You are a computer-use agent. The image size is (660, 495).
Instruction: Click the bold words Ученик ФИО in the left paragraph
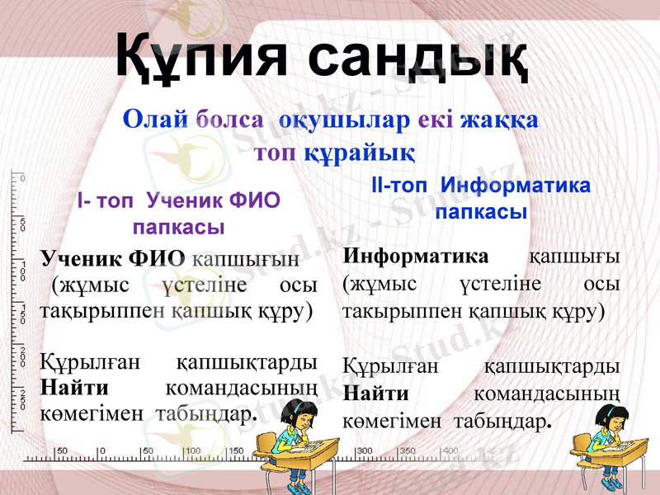(x=113, y=257)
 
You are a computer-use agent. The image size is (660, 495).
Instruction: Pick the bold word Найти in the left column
(x=75, y=388)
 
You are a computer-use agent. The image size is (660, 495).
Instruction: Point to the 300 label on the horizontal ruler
(x=364, y=451)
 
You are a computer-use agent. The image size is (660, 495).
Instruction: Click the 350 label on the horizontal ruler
(x=408, y=451)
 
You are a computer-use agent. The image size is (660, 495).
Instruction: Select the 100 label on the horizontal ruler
(x=191, y=450)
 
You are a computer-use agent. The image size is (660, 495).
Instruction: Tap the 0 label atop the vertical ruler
(x=22, y=178)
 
